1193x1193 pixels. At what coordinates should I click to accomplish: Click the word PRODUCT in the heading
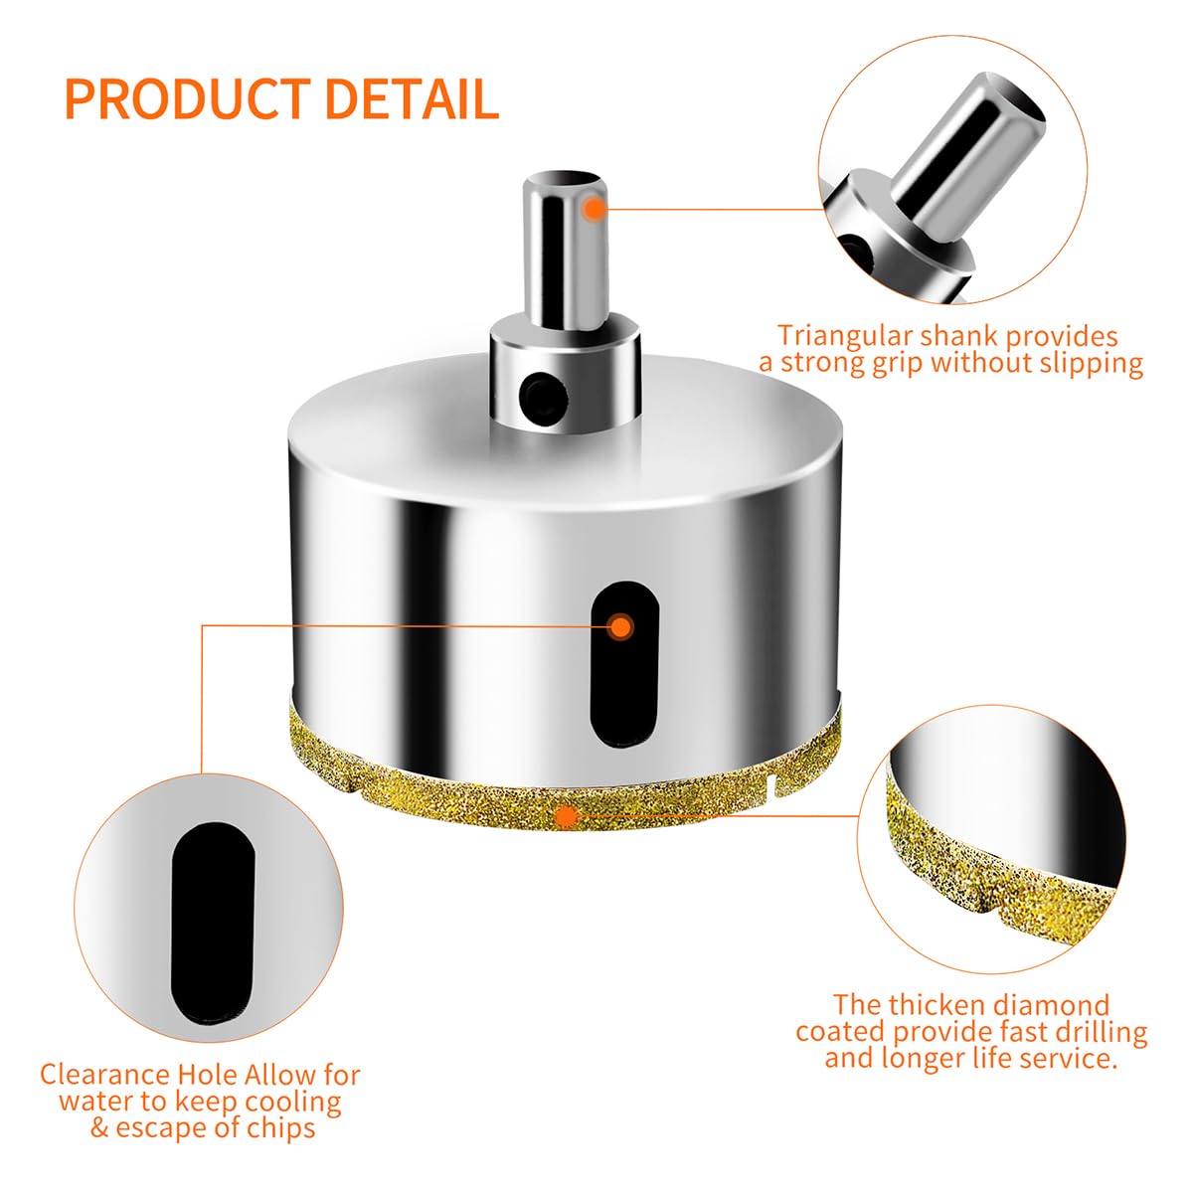coord(188,98)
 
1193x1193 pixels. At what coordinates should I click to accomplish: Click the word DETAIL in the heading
coord(412,98)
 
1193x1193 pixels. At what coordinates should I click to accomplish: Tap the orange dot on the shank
coord(595,209)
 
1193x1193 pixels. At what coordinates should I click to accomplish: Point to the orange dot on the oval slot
coord(620,627)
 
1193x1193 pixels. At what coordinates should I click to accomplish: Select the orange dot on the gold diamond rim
coord(567,816)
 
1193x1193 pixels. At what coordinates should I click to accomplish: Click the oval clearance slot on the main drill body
coord(624,664)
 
